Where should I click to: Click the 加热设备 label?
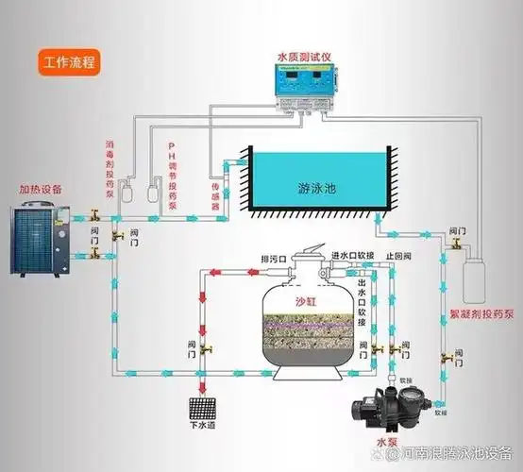pos(39,188)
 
